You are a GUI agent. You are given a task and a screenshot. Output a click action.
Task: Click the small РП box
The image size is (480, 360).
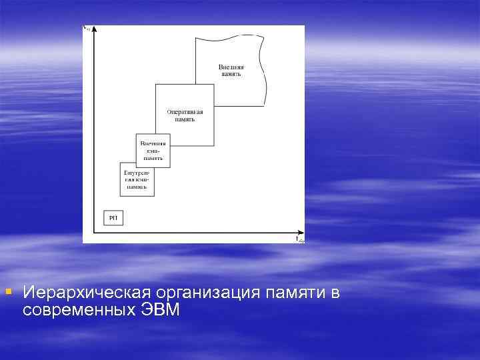click(113, 218)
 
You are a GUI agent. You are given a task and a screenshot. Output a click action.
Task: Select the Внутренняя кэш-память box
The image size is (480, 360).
click(137, 179)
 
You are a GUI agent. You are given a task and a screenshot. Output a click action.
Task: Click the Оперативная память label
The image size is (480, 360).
click(185, 115)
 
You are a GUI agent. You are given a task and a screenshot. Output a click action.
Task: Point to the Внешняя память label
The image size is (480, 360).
click(231, 71)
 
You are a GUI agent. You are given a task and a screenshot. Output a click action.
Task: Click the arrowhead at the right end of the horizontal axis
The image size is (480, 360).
click(294, 233)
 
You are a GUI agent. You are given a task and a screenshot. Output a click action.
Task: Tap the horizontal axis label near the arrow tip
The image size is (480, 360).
click(300, 239)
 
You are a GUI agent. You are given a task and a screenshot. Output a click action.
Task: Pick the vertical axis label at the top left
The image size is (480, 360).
click(86, 28)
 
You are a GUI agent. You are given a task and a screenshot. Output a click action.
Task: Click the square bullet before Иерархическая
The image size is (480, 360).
click(8, 291)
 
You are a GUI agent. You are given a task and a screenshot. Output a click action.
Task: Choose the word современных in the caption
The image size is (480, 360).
click(79, 310)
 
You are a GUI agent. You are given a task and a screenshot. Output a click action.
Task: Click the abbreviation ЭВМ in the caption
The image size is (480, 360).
click(161, 310)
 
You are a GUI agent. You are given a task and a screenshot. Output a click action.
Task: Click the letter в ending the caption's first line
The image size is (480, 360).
click(335, 293)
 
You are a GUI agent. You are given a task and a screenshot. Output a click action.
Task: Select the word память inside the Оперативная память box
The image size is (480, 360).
click(185, 120)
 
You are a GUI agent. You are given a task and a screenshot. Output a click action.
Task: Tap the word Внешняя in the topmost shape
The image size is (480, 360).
click(231, 67)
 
